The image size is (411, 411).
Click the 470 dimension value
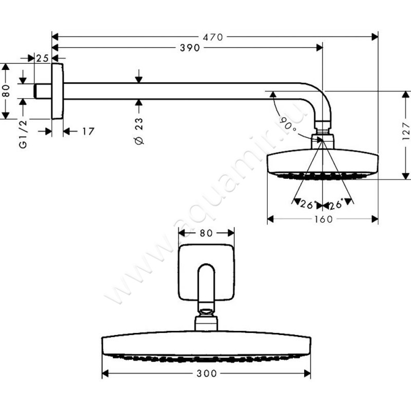[x=213, y=37]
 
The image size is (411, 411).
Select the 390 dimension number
[x=190, y=48]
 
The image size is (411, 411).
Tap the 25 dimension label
[x=43, y=58]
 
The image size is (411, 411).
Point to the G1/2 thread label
[x=23, y=134]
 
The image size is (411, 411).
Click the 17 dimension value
[x=88, y=132]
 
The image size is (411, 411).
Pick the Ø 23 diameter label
[x=139, y=131]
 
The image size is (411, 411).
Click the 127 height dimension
[x=406, y=132]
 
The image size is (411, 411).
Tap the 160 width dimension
[x=323, y=219]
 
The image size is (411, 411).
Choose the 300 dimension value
[x=207, y=373]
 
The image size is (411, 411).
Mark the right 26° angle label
[x=337, y=204]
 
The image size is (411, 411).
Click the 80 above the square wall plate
[x=206, y=233]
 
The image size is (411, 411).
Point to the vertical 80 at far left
[x=6, y=91]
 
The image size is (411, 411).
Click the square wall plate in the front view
[x=207, y=273]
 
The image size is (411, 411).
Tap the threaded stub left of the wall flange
[x=43, y=91]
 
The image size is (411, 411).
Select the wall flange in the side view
[x=58, y=91]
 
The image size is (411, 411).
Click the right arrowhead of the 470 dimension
[x=375, y=37]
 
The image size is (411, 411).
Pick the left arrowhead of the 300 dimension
[x=105, y=373]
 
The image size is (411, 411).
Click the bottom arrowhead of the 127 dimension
[x=406, y=176]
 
